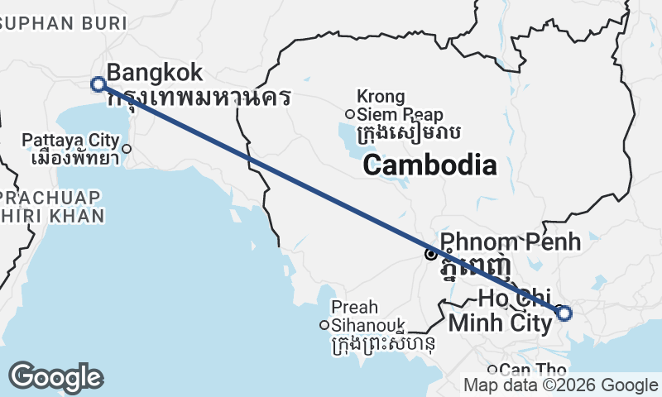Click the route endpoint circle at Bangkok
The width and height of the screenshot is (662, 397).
click(98, 84)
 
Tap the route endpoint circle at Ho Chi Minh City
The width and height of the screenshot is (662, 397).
click(564, 313)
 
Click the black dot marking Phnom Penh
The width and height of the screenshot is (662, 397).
click(430, 254)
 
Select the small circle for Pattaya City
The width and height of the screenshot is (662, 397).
click(127, 149)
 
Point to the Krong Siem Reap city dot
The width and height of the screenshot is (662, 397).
click(350, 114)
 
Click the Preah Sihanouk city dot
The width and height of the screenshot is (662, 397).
click(325, 325)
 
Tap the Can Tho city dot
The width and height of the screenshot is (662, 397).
click(492, 370)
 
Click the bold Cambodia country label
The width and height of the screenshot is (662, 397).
click(429, 165)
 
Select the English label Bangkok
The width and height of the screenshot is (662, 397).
click(154, 72)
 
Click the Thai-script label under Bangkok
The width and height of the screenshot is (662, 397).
click(199, 98)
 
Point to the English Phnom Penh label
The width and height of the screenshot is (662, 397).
click(510, 242)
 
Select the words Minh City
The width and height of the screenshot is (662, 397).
click(499, 323)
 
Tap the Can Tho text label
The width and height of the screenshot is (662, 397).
click(533, 370)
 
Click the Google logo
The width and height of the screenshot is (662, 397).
click(55, 377)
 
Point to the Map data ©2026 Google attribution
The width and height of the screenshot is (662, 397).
click(560, 385)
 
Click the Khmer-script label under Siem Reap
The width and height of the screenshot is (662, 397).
click(407, 132)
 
